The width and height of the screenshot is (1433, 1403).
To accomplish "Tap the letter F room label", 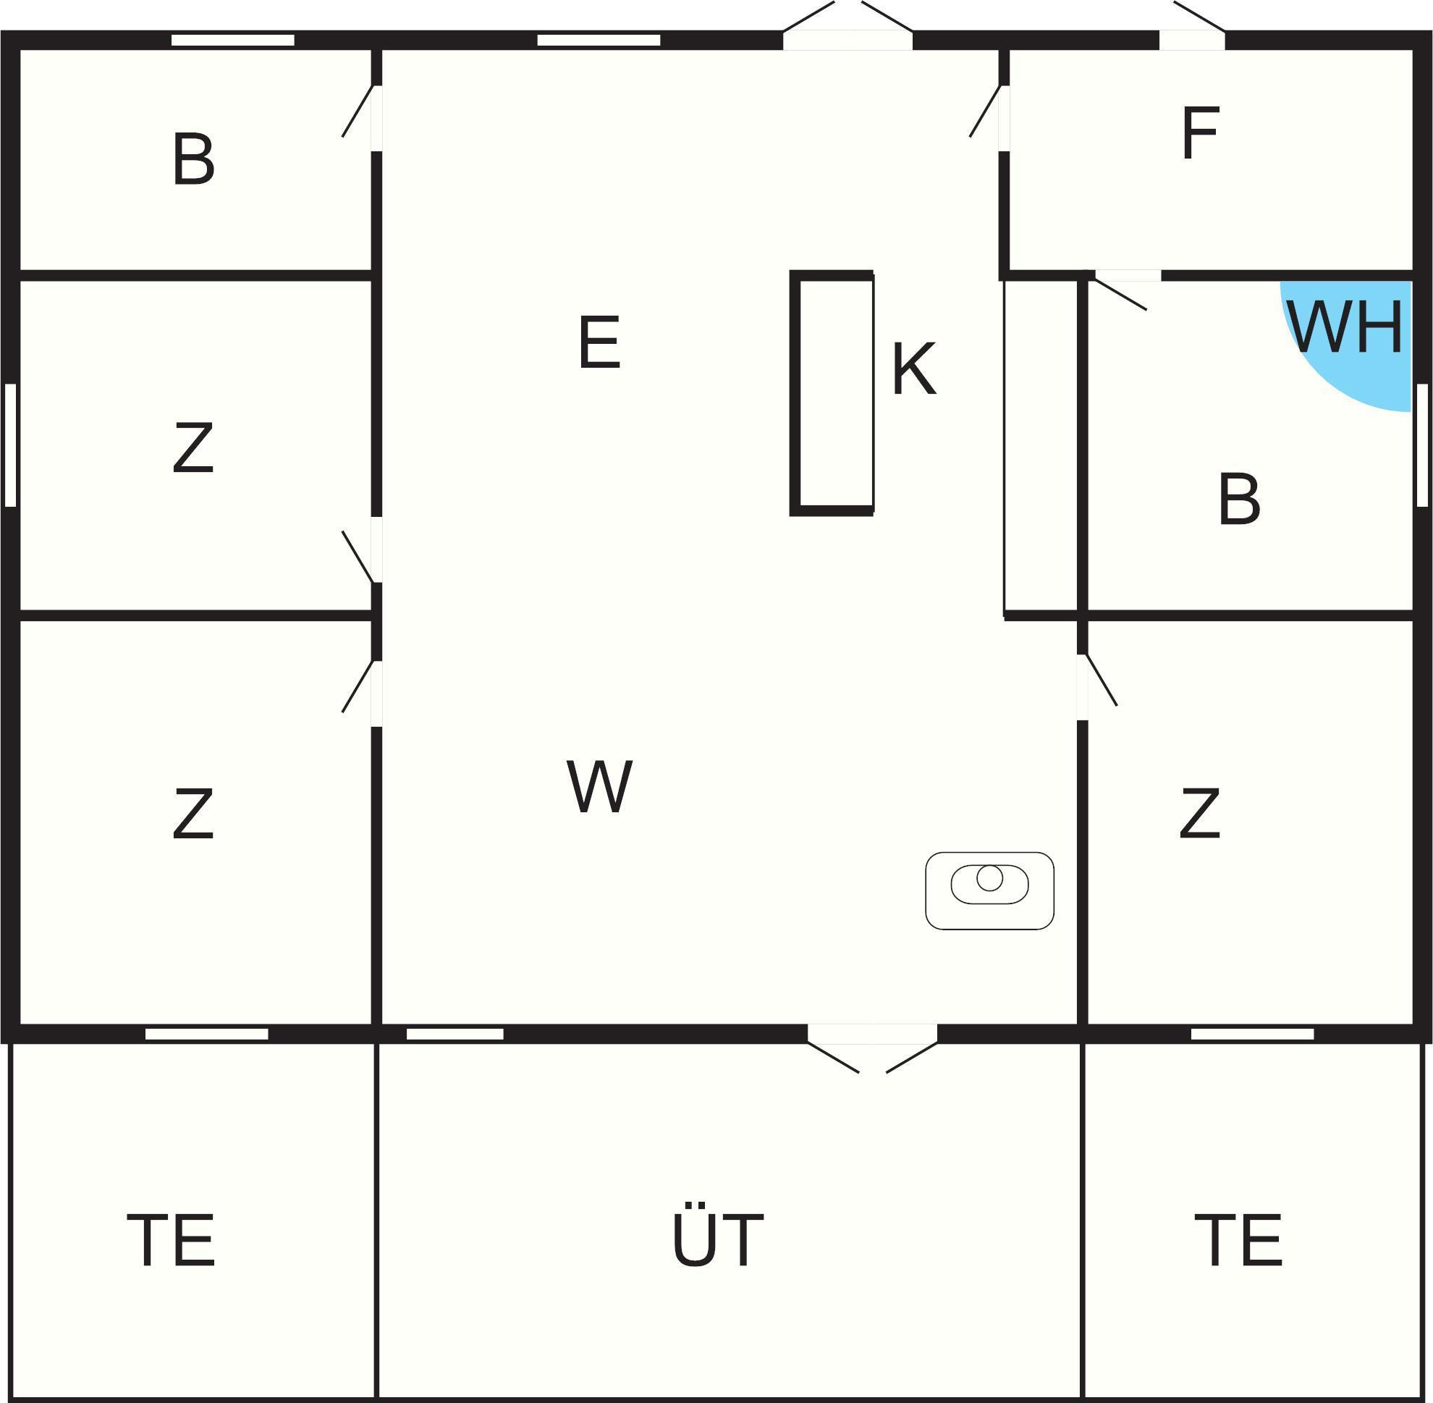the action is coord(1200,133).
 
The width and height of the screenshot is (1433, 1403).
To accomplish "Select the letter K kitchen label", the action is coord(913,368).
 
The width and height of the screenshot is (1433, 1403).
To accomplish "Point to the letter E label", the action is coord(599,342).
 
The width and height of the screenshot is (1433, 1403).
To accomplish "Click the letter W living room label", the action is coord(599,786).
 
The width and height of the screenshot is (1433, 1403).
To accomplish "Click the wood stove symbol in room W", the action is coord(989,891).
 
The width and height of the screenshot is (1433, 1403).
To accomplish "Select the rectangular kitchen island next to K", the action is coord(832,393).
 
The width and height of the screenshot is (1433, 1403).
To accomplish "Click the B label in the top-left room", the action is coord(193,159).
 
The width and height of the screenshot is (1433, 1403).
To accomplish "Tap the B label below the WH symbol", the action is coord(1239,499).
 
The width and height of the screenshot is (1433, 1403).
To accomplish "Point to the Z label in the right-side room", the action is coord(1199,814).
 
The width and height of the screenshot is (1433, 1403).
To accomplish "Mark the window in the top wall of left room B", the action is coord(233,40).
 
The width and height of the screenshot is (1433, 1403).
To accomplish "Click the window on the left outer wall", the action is coord(10,445).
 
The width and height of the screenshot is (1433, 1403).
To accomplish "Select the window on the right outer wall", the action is coord(1422,445).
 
